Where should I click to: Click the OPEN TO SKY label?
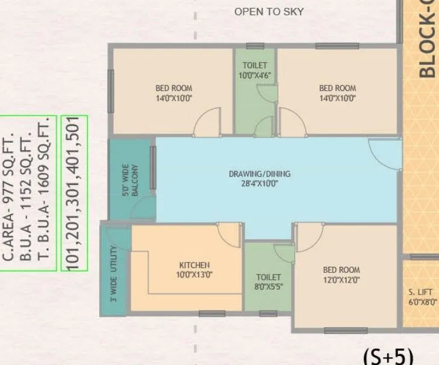(269, 11)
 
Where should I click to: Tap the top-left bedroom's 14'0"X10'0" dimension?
(173, 98)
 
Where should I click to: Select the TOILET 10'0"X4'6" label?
(255, 70)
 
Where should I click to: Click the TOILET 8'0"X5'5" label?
(269, 282)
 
